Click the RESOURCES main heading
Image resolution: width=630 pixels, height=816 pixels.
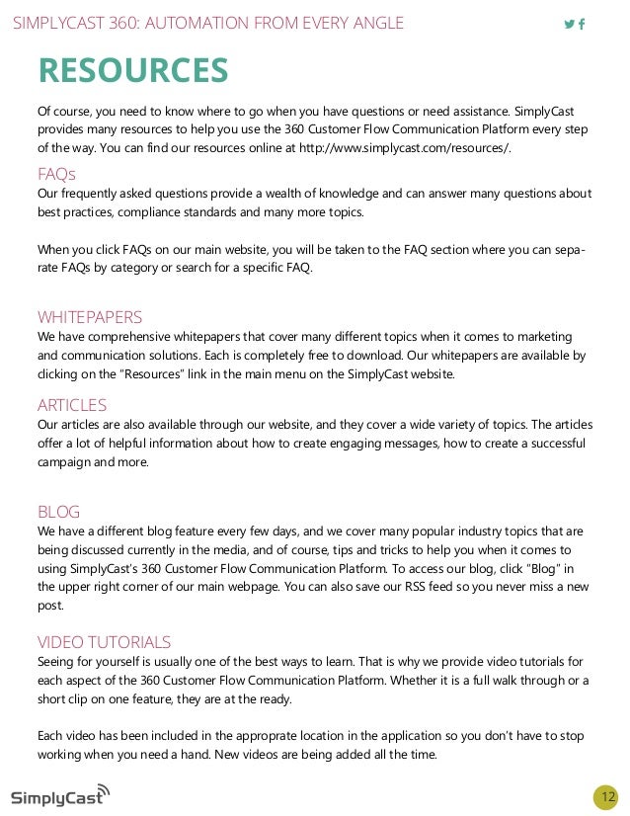[x=133, y=71]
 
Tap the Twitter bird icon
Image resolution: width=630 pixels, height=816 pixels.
[x=569, y=24]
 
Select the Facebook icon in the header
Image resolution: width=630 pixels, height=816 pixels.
[x=582, y=24]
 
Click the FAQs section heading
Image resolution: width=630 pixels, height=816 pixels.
[x=56, y=175]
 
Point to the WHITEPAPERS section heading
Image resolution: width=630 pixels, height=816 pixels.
[x=90, y=317]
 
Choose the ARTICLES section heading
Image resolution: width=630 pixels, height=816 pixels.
[x=72, y=405]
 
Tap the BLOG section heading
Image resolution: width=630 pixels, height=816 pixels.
[x=58, y=512]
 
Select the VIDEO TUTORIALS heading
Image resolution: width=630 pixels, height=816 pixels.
[x=104, y=642]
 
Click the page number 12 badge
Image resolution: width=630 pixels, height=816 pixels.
[x=605, y=796]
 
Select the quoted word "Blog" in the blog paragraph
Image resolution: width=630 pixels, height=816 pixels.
[x=530, y=568]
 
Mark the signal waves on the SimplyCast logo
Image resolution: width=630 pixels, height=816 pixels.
[x=104, y=789]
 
